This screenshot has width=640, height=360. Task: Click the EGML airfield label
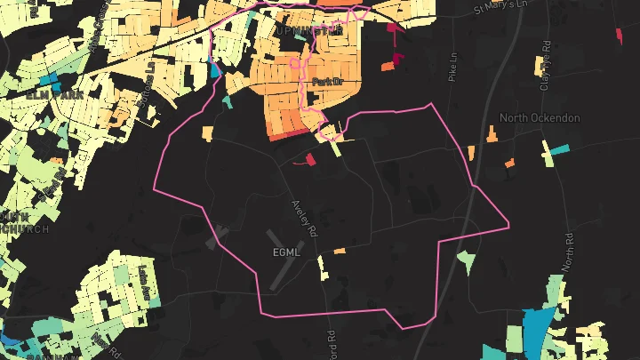pos(286,252)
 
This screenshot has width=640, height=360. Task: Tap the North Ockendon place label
pos(540,118)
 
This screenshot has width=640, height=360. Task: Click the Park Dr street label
pos(327,83)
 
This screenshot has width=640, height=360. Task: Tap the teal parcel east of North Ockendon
pos(557,149)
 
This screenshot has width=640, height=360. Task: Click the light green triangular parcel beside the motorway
pos(465,260)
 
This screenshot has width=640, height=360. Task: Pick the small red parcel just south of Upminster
pos(310,159)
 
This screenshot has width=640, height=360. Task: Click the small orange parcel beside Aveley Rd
pos(338,251)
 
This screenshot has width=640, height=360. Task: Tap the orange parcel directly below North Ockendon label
pos(510,163)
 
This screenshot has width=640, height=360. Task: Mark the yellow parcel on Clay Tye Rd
pos(539,66)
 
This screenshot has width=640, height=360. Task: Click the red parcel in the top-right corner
pos(620,34)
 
